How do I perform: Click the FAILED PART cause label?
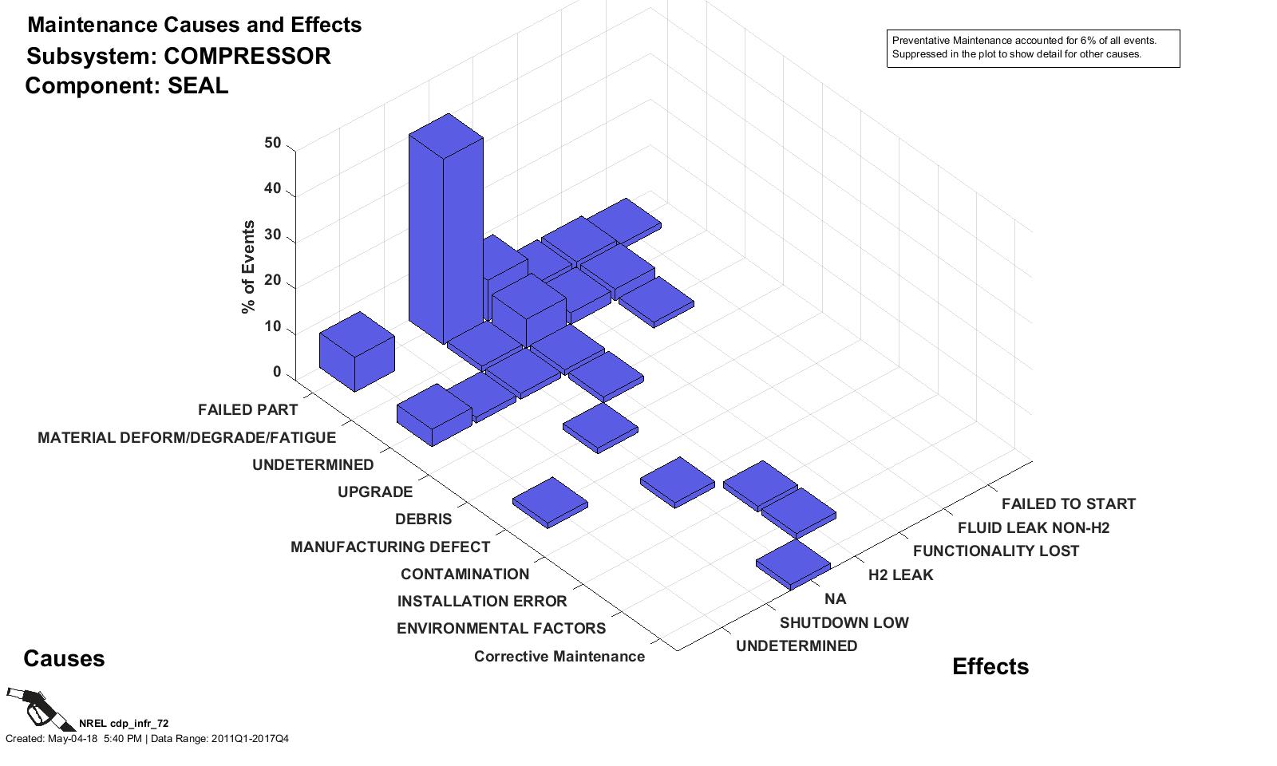(247, 410)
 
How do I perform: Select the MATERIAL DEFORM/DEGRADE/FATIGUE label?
(187, 438)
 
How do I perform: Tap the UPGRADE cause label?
(375, 492)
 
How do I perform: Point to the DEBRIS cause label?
(423, 519)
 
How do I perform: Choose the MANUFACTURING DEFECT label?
(389, 547)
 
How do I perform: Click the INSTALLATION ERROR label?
(482, 602)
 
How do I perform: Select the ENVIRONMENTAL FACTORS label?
(500, 629)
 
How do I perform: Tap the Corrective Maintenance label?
(559, 657)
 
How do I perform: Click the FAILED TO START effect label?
(1068, 504)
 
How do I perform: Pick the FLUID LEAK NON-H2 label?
(1033, 528)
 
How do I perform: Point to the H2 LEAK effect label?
(900, 575)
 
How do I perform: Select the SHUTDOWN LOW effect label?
(844, 623)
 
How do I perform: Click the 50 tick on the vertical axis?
(273, 144)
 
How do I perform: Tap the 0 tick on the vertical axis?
(277, 373)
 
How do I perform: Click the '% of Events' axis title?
(249, 267)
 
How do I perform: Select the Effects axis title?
(990, 667)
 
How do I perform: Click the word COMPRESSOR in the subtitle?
(247, 57)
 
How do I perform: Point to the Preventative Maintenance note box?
(1033, 48)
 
